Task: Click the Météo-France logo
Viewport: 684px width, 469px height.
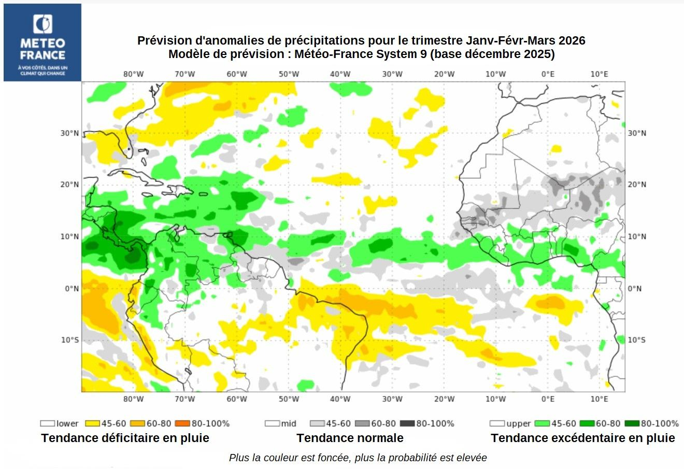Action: point(42,42)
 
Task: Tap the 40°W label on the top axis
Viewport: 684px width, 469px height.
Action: point(340,74)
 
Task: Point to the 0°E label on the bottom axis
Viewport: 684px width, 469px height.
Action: point(548,399)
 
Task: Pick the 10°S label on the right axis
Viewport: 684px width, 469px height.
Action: point(637,340)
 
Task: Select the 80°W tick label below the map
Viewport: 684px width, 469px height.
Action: point(133,399)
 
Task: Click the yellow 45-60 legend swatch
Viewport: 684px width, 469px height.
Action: point(92,423)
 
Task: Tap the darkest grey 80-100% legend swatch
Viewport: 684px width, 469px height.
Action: point(409,423)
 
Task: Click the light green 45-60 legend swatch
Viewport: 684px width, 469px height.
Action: point(542,423)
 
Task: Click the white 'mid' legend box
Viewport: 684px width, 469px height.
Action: point(272,423)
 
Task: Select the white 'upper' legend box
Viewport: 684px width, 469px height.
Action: point(497,423)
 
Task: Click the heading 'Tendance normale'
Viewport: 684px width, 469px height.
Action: point(350,438)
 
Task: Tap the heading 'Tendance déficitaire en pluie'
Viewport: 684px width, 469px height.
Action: point(125,438)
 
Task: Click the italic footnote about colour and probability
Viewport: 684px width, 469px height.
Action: point(358,458)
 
